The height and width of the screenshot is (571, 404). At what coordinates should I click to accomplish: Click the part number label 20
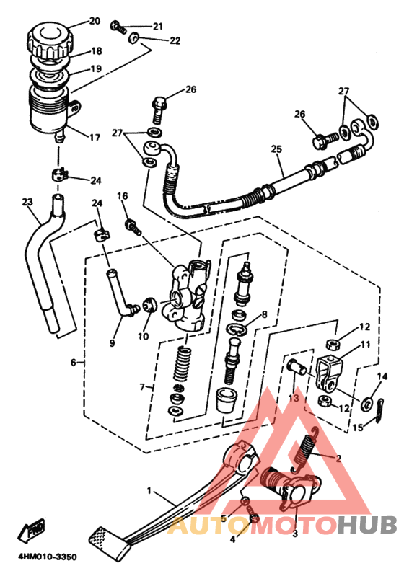[x=95, y=21]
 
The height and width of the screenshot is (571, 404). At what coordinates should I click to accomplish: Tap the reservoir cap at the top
[x=50, y=40]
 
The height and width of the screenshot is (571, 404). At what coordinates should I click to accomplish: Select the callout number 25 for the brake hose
[x=276, y=149]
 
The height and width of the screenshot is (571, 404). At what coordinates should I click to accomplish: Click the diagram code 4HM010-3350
[x=48, y=557]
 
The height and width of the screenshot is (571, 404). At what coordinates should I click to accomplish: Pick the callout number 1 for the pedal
[x=149, y=490]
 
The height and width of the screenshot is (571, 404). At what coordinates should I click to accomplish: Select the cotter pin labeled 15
[x=380, y=410]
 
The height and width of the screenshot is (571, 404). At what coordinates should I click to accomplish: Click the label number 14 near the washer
[x=382, y=376]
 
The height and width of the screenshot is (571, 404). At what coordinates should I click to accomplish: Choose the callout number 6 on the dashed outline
[x=73, y=363]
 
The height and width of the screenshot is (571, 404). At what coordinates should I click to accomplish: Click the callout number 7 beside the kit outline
[x=142, y=386]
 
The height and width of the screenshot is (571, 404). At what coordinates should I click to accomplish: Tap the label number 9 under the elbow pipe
[x=112, y=342]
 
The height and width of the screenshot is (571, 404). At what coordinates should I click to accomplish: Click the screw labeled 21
[x=118, y=26]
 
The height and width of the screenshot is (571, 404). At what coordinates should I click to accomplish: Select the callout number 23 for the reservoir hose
[x=27, y=202]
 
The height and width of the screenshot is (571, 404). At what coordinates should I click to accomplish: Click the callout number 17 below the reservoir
[x=95, y=138]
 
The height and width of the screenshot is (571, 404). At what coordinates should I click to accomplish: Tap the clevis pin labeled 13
[x=298, y=367]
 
